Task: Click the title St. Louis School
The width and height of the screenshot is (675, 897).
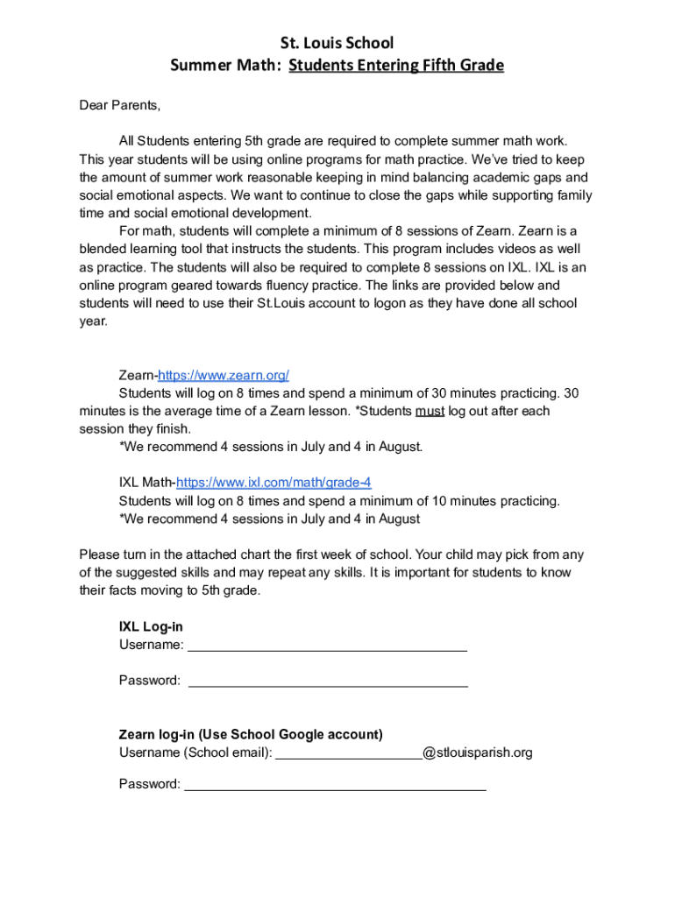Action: tap(337, 43)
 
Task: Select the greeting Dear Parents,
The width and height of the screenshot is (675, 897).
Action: tap(120, 105)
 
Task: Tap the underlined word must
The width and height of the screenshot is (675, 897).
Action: tap(430, 411)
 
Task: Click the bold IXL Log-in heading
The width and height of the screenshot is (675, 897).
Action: tap(151, 627)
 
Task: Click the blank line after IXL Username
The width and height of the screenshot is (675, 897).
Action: tap(327, 646)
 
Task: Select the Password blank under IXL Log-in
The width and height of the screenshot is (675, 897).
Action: tap(328, 681)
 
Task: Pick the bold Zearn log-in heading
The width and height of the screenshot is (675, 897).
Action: tap(251, 734)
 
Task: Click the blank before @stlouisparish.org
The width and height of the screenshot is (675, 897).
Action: tap(349, 753)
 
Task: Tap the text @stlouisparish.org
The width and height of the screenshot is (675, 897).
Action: tap(477, 752)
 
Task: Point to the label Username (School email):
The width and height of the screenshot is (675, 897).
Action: tap(195, 752)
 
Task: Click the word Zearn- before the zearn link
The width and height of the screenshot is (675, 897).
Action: tap(138, 375)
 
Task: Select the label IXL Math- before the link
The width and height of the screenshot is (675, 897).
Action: tap(147, 483)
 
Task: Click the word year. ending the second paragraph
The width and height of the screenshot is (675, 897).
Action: tap(93, 321)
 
